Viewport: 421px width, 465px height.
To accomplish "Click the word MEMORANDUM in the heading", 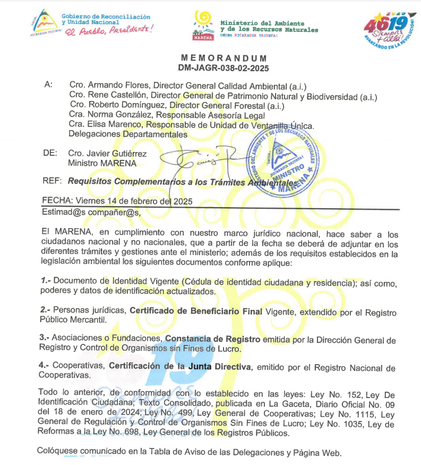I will tap(224, 58).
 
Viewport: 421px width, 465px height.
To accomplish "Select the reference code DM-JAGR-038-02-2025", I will tap(224, 68).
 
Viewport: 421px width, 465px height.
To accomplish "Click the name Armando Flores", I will tap(111, 86).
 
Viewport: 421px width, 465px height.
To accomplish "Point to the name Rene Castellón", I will tap(110, 97).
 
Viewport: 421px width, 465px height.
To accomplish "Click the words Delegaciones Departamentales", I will tap(128, 134).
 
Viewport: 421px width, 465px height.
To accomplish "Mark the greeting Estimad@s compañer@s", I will tap(91, 213).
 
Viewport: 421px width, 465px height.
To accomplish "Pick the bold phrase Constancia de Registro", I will tap(213, 339).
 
